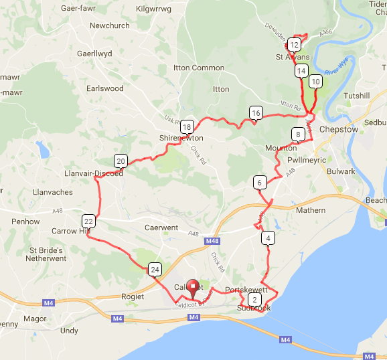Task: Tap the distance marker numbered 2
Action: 254,299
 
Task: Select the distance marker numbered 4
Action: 268,238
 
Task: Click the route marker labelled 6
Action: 259,182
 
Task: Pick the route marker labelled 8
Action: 297,134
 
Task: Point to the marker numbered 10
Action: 315,81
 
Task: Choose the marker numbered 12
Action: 293,45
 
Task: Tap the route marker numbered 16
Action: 255,113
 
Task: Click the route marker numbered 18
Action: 187,126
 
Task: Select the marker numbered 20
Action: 121,161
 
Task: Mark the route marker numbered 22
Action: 88,221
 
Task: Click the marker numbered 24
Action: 155,270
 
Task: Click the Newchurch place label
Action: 109,25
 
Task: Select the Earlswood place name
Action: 105,88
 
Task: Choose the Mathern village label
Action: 310,210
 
